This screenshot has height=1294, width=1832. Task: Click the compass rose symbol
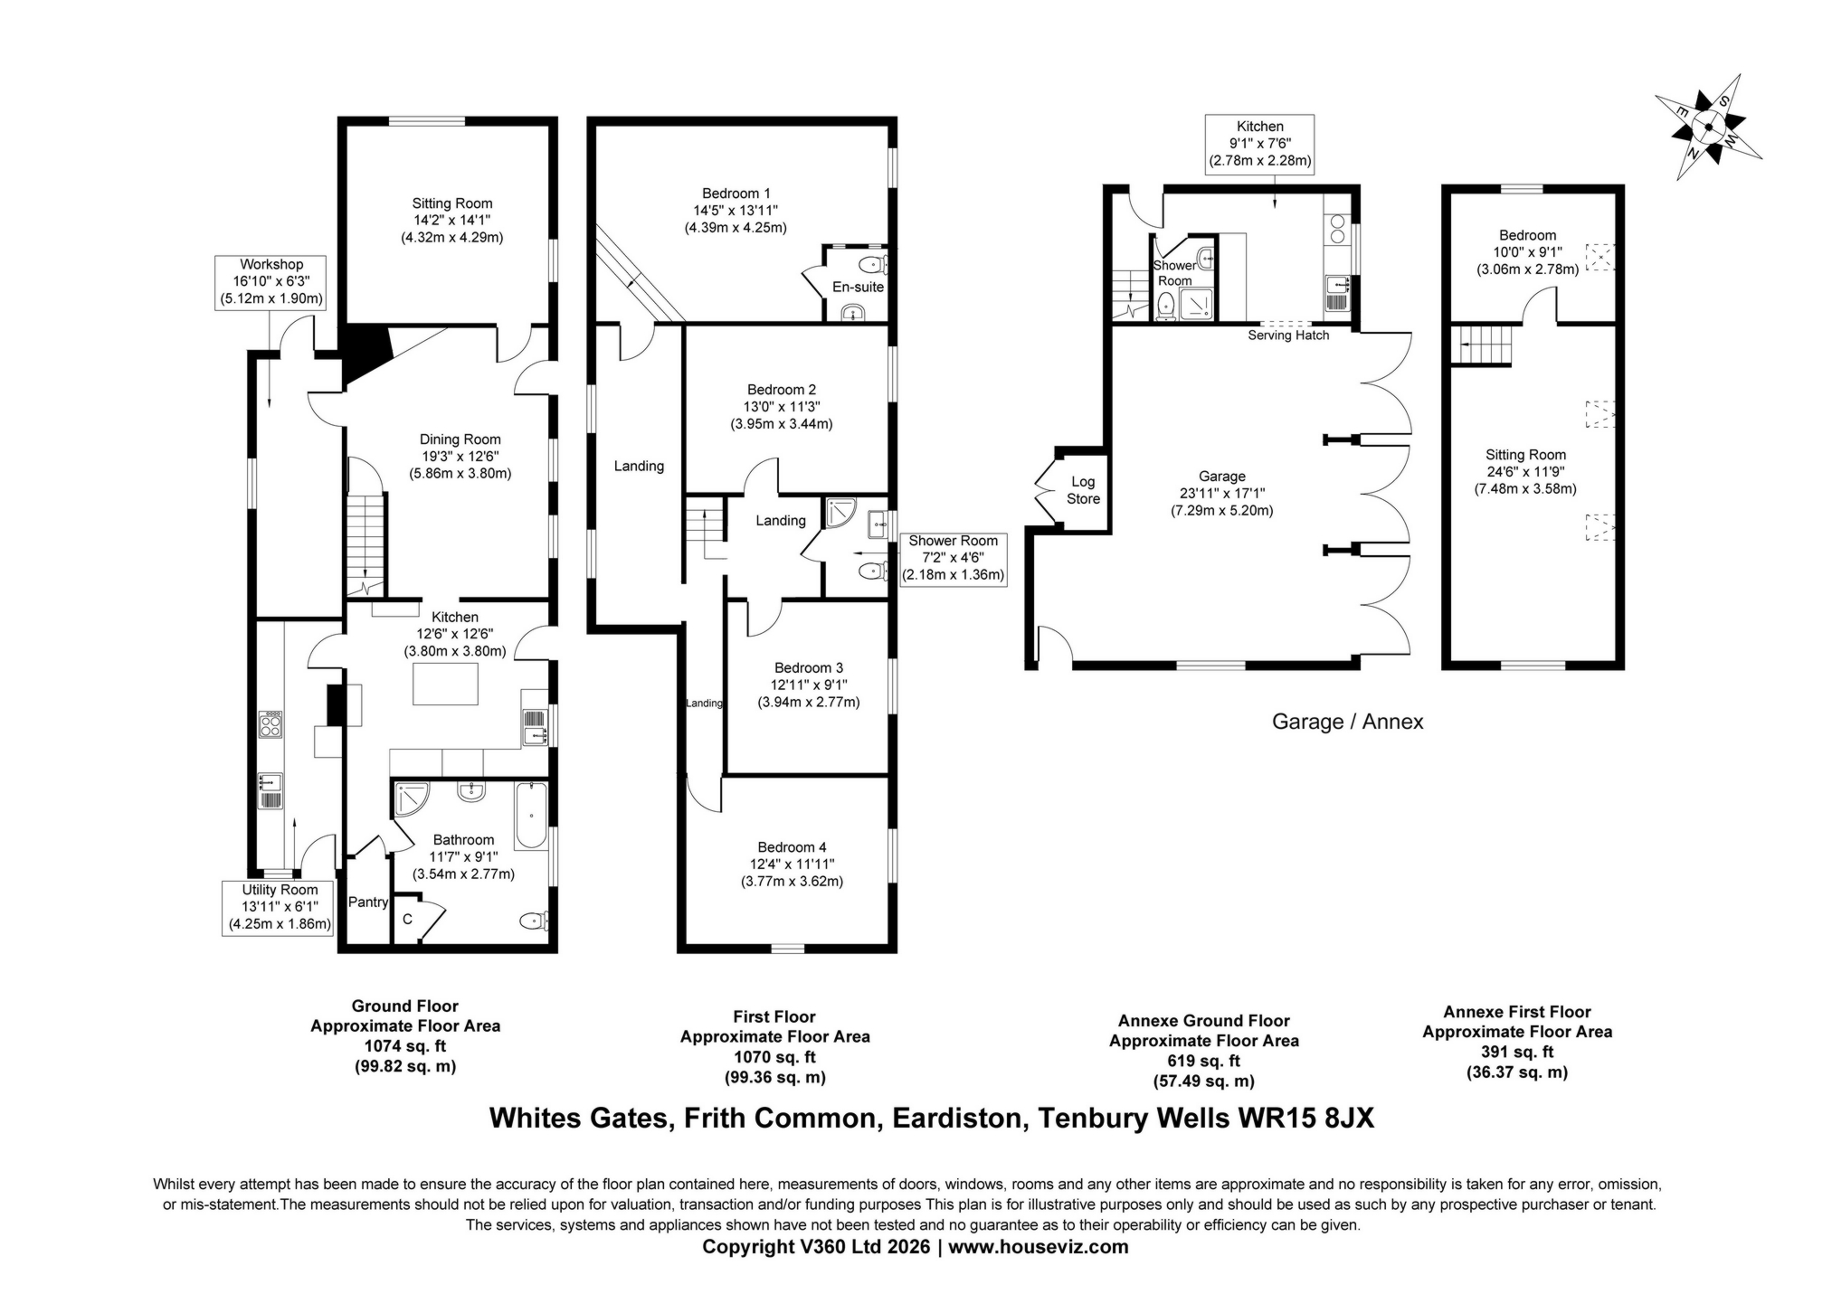pos(1707,128)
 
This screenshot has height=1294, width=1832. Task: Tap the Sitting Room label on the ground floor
pos(451,204)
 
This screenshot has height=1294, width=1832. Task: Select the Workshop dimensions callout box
pos(271,282)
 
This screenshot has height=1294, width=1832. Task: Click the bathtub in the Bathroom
pos(531,817)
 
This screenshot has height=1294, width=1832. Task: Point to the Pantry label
pos(368,902)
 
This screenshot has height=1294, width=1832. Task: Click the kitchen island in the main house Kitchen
pos(445,684)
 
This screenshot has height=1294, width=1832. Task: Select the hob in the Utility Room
pos(271,724)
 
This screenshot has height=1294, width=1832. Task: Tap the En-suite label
pos(857,287)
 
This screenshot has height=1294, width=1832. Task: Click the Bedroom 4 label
pos(792,847)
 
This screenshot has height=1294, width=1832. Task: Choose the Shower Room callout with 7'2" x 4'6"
pos(953,558)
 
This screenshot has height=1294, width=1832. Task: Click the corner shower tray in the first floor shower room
pos(840,513)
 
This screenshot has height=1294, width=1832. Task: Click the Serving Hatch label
pos(1288,335)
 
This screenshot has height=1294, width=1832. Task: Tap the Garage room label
pos(1221,477)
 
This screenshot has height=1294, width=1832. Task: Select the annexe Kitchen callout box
pos(1259,144)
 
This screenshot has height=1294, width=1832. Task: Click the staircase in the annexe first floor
pos(1483,345)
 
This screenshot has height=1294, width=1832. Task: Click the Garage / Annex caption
pos(1347,722)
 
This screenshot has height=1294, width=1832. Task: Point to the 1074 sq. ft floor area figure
pos(404,1046)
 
